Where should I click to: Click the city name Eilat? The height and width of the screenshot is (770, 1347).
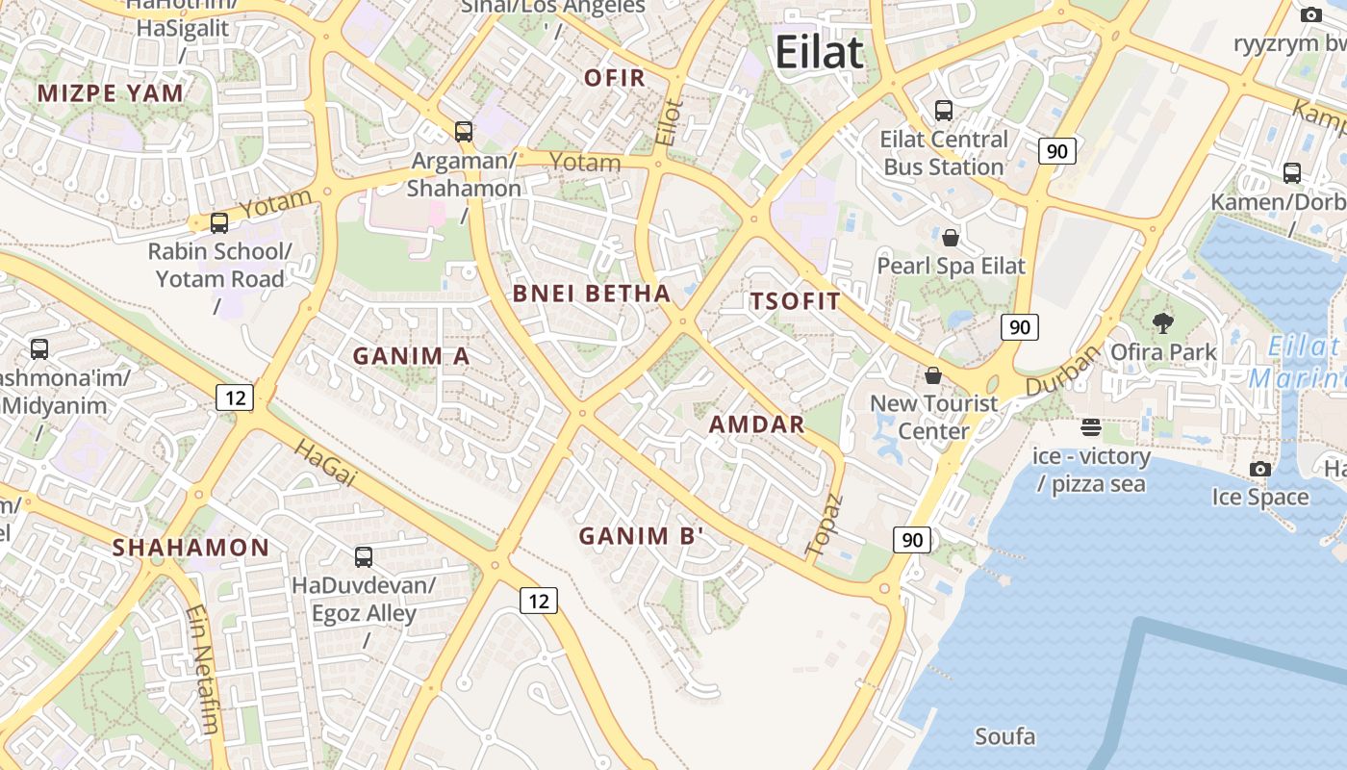click(x=819, y=52)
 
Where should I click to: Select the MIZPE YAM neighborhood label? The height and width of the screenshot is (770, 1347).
click(x=110, y=93)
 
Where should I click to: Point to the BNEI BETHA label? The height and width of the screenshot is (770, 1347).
click(x=591, y=294)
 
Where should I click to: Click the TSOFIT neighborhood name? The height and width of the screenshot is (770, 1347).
click(x=796, y=301)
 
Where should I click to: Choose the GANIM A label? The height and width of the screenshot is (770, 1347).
click(x=411, y=356)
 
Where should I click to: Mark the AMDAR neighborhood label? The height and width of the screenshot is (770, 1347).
click(x=756, y=424)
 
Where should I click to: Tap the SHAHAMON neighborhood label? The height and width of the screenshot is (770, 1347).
click(x=191, y=548)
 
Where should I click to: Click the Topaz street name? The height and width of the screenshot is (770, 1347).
click(x=824, y=525)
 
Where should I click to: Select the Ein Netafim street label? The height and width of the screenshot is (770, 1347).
click(x=202, y=668)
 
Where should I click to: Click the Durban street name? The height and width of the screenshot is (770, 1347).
click(x=1062, y=371)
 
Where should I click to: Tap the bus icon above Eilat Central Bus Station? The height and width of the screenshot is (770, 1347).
click(x=943, y=111)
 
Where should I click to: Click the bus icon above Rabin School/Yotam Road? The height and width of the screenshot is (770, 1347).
click(x=219, y=223)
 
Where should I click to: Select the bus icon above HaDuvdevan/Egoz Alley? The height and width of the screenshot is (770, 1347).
click(x=364, y=556)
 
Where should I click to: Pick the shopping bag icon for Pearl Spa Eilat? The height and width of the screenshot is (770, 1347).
click(x=951, y=237)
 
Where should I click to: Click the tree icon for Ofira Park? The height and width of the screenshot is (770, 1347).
click(x=1162, y=322)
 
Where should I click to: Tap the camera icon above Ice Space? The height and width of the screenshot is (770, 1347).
click(x=1259, y=469)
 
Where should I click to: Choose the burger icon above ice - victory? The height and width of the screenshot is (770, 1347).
click(x=1090, y=426)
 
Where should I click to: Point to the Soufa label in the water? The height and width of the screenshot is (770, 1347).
click(x=1004, y=737)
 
